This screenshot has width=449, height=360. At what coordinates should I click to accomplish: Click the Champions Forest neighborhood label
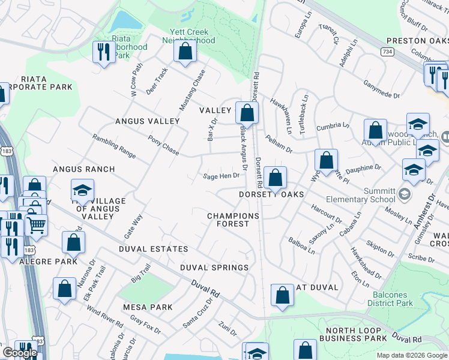click(x=233, y=220)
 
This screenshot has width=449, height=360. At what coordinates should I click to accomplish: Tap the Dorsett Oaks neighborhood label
click(x=271, y=194)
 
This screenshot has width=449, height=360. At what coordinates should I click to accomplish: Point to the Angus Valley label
click(x=148, y=121)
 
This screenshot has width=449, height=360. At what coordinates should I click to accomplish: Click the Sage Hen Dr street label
click(x=221, y=176)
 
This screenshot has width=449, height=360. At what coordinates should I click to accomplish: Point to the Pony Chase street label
click(x=163, y=145)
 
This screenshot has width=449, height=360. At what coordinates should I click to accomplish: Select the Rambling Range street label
click(x=114, y=145)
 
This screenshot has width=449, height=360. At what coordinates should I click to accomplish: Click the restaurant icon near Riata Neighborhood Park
click(x=104, y=52)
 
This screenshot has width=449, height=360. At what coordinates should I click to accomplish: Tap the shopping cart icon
click(x=37, y=225)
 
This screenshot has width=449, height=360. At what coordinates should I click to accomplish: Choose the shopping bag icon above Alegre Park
click(x=74, y=242)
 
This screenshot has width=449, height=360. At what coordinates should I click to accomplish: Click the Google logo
click(x=19, y=353)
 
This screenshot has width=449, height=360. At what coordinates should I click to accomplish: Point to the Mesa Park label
click(x=148, y=307)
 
